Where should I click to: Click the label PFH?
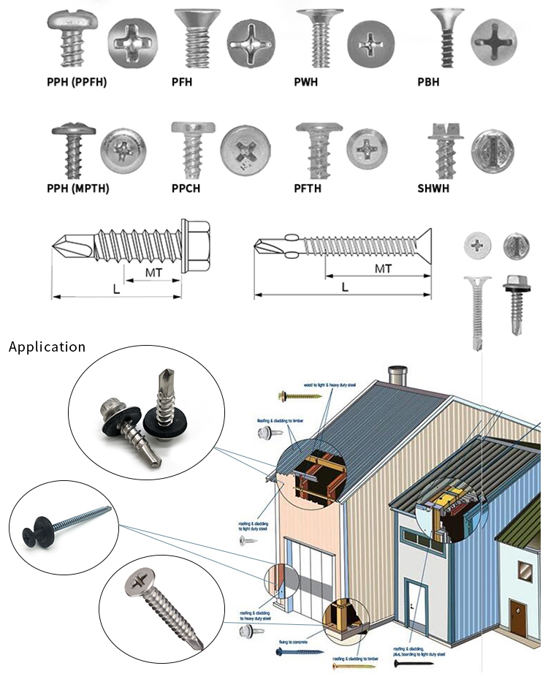pyautogui.click(x=182, y=82)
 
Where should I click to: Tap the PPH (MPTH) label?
pyautogui.click(x=77, y=188)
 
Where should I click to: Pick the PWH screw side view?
pyautogui.click(x=319, y=39)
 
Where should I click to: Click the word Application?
pyautogui.click(x=47, y=346)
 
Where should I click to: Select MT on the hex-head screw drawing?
pyautogui.click(x=153, y=271)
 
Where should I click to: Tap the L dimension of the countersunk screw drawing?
pyautogui.click(x=344, y=287)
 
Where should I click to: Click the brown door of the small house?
pyautogui.click(x=517, y=617)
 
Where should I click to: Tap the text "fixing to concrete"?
pyautogui.click(x=292, y=641)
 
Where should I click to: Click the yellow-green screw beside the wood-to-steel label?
pyautogui.click(x=300, y=395)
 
